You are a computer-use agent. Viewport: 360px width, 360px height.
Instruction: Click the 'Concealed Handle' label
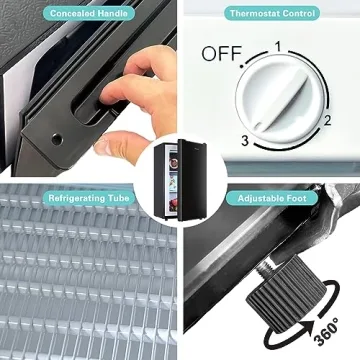[x=88, y=14]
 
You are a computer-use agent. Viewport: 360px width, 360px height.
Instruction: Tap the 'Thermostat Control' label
[x=272, y=14]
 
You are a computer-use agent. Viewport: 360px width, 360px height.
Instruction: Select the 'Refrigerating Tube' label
[x=89, y=198]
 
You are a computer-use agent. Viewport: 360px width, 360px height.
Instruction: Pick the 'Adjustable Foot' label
[x=272, y=198]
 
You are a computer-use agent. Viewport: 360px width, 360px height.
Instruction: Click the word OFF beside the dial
[x=222, y=54]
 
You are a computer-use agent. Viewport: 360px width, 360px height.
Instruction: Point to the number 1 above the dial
[x=278, y=47]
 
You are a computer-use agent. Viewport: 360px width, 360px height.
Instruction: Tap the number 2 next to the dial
[x=328, y=121]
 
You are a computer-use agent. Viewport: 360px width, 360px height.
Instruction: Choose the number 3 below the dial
[x=245, y=141]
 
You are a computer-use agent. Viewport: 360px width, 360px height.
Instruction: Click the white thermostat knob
[x=280, y=99]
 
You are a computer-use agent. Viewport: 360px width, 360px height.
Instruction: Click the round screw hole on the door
[x=57, y=139]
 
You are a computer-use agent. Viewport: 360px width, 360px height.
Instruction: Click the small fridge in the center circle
[x=180, y=180]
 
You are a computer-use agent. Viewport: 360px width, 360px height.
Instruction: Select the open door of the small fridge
[x=192, y=180]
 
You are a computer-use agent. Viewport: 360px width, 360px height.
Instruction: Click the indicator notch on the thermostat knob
[x=258, y=126]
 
